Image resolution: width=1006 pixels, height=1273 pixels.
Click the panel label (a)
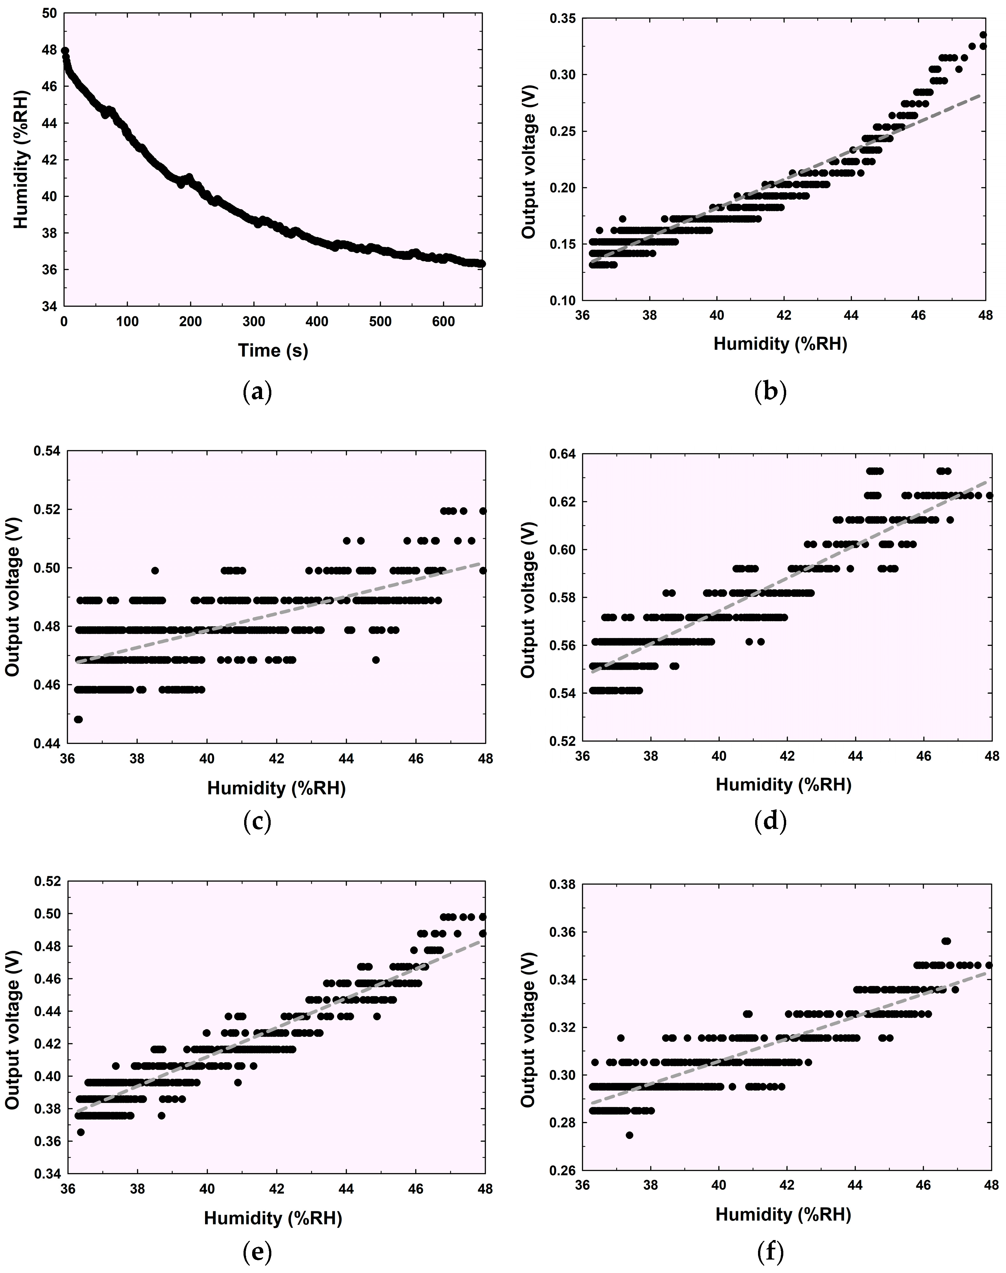point(257,392)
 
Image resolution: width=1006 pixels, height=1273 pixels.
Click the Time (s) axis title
point(273,350)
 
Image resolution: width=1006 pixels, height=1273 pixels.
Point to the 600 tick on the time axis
point(443,322)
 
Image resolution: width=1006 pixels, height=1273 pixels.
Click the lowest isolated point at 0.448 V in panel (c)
point(78,719)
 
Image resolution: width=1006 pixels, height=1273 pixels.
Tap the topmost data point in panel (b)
point(983,35)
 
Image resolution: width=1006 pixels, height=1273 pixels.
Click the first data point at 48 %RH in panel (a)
point(65,51)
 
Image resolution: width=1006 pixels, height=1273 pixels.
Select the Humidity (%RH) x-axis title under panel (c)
point(276,789)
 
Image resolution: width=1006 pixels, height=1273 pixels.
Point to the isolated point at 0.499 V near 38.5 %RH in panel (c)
point(155,570)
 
